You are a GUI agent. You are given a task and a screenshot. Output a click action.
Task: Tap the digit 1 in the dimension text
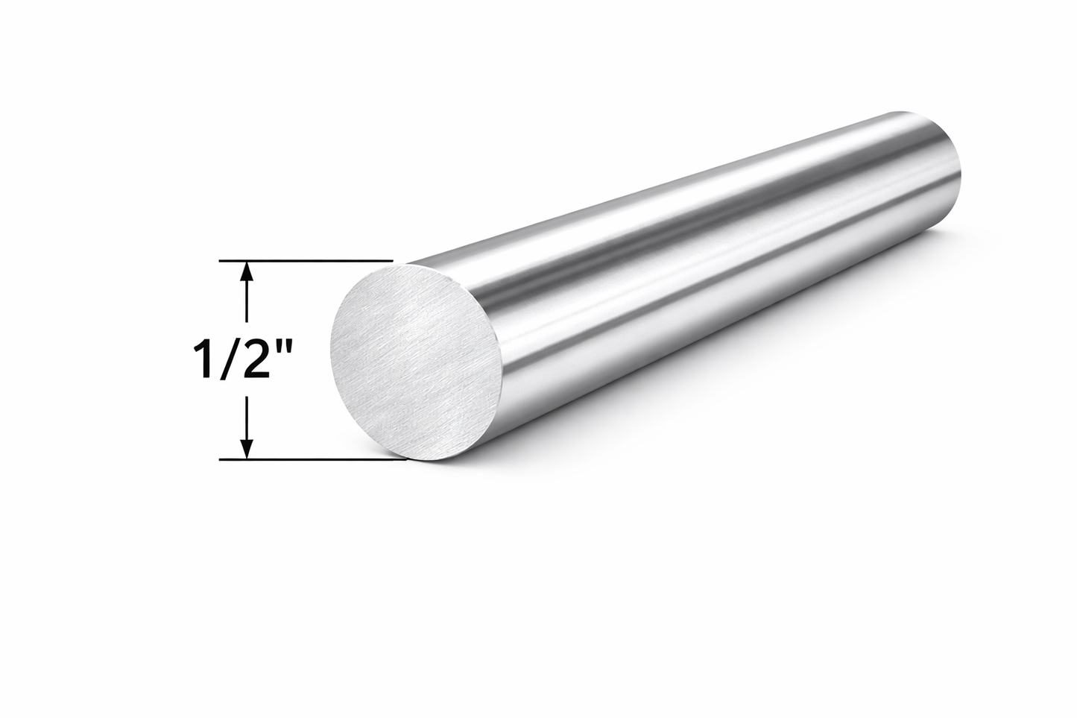200,359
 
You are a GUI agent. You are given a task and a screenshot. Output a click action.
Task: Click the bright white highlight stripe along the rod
671,224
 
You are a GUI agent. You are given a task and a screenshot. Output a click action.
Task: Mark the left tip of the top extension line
221,261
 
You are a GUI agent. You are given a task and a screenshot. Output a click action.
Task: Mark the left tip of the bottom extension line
221,460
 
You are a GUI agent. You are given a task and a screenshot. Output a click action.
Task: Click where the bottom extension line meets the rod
402,459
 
